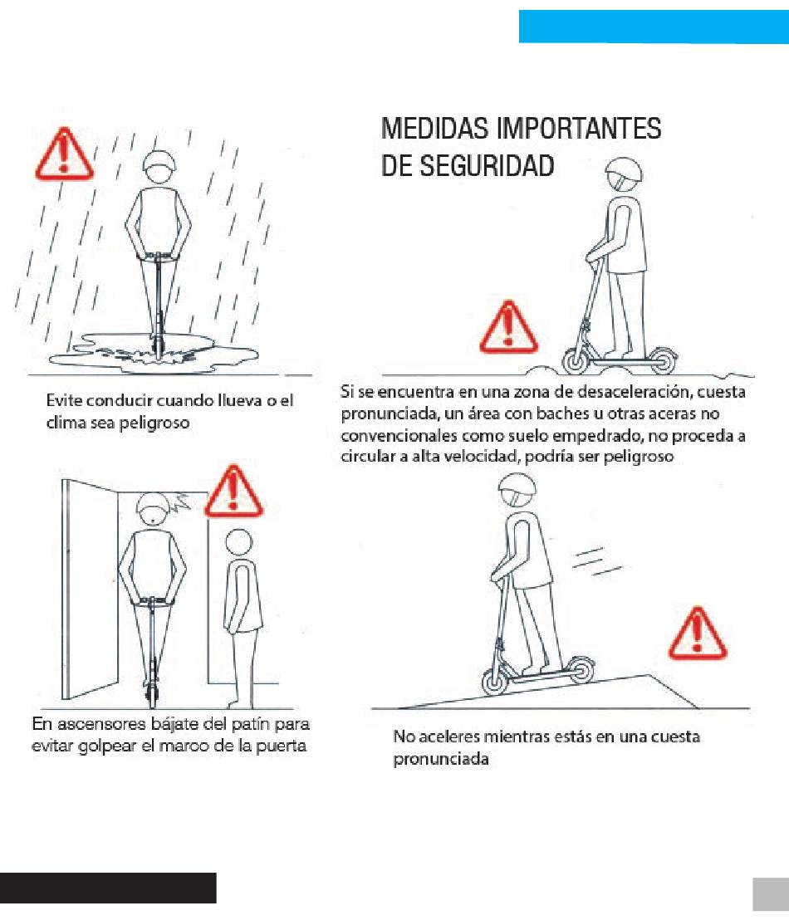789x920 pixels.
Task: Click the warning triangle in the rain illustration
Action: (x=64, y=155)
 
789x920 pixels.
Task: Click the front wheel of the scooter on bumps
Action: (x=576, y=361)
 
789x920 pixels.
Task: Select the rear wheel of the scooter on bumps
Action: (x=662, y=360)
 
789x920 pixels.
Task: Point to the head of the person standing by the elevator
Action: (x=239, y=544)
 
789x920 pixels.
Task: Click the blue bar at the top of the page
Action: (x=654, y=27)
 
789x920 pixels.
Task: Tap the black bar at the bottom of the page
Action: (x=108, y=887)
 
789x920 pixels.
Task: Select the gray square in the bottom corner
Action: (x=771, y=894)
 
